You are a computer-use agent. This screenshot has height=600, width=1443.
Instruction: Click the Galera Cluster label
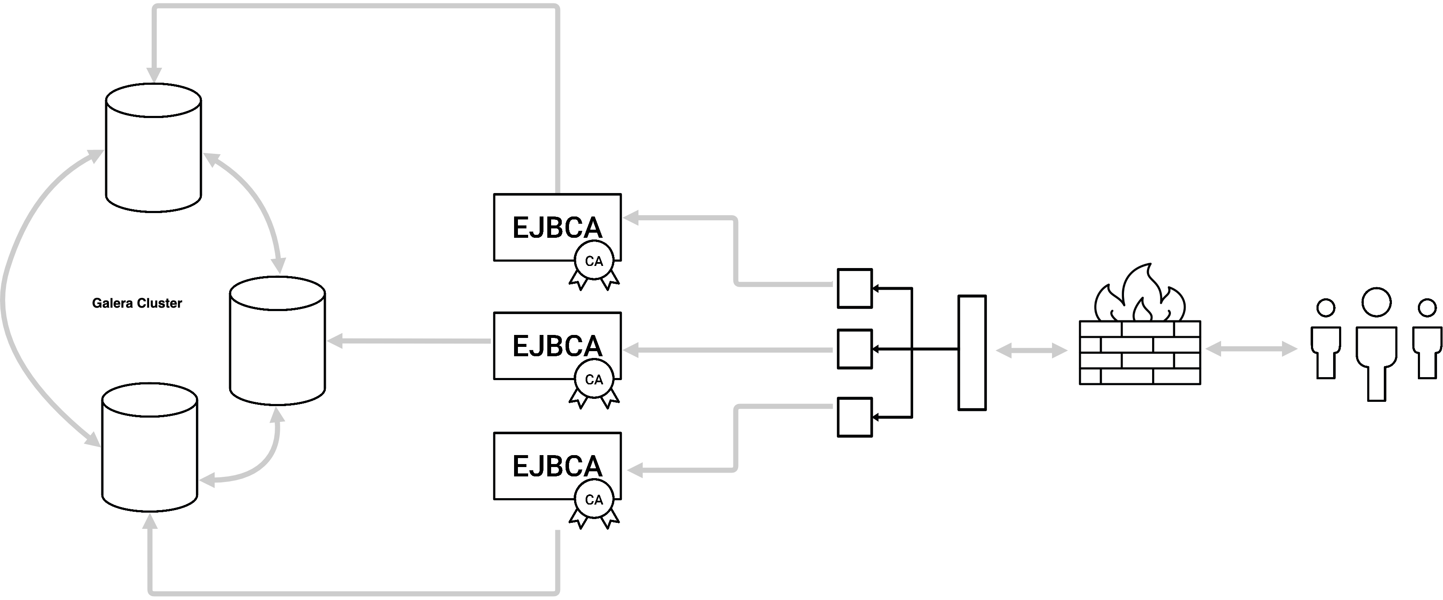137,303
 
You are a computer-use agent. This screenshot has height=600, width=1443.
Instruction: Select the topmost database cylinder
153,148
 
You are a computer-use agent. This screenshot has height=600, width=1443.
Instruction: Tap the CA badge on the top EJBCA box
594,262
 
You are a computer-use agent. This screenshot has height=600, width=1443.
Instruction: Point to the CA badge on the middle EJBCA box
594,380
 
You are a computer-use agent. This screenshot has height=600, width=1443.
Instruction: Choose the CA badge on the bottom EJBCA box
594,500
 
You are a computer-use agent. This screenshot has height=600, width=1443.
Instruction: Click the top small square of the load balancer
854,288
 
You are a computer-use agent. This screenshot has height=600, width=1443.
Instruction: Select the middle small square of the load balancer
854,349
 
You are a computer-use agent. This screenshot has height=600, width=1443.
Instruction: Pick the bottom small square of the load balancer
854,417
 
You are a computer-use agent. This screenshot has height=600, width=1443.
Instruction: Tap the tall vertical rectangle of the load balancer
972,353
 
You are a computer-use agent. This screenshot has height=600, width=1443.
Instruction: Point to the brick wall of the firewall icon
1140,353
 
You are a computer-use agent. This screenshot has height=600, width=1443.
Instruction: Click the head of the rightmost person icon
1427,308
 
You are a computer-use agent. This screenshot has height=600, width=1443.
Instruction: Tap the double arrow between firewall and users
1251,349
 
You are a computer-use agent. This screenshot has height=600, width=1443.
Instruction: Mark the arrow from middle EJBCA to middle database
409,340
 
